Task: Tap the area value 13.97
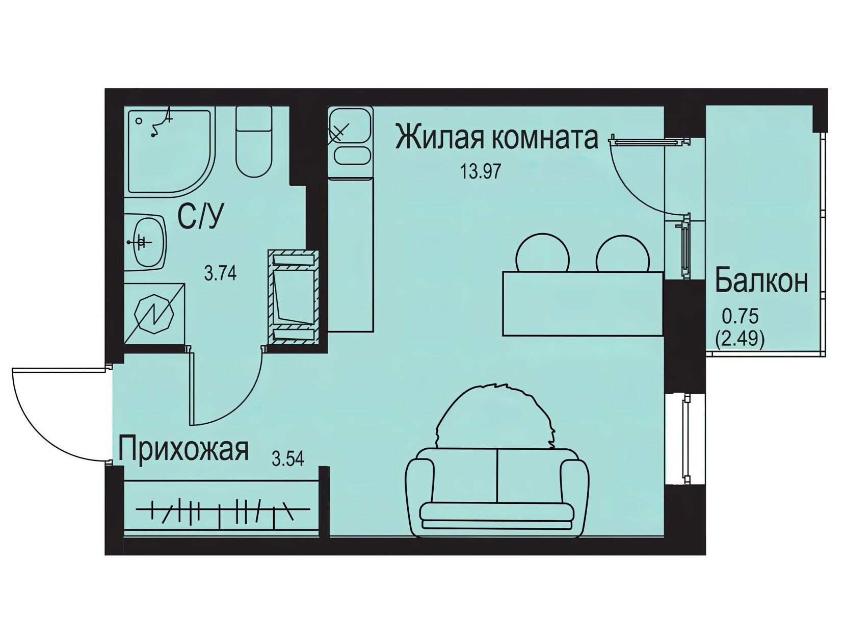tap(481, 171)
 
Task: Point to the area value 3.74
tap(220, 274)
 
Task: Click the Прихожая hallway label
tap(183, 449)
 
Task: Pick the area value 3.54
tap(288, 459)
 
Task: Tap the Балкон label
tap(761, 282)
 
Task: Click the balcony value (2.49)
tap(739, 339)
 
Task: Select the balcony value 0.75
tap(740, 317)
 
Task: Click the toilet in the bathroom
tap(254, 142)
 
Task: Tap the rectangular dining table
tap(583, 304)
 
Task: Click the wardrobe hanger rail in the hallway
tap(223, 509)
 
